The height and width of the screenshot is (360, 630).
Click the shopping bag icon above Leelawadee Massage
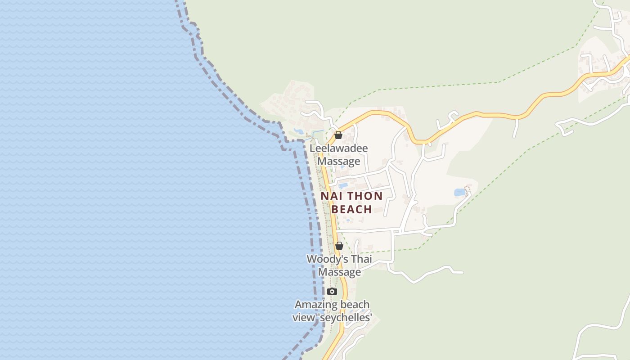[x=338, y=135]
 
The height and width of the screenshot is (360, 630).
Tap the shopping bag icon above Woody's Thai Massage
[x=339, y=246]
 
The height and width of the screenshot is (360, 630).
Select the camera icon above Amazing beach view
[x=332, y=291]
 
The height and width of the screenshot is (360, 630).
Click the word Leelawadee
[x=338, y=148]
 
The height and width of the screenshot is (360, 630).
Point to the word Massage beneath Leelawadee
[x=339, y=161]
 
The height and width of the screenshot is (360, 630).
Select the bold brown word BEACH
[x=352, y=209]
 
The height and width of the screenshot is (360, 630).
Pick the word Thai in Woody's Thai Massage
[x=361, y=259]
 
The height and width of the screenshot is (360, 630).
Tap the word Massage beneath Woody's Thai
[x=339, y=272]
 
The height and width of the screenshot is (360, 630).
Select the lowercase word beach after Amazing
[x=355, y=305]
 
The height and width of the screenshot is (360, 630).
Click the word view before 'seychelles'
[x=302, y=317]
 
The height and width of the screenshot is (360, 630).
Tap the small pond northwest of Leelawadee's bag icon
[x=298, y=131]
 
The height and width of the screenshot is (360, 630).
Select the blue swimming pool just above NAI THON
[x=343, y=185]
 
